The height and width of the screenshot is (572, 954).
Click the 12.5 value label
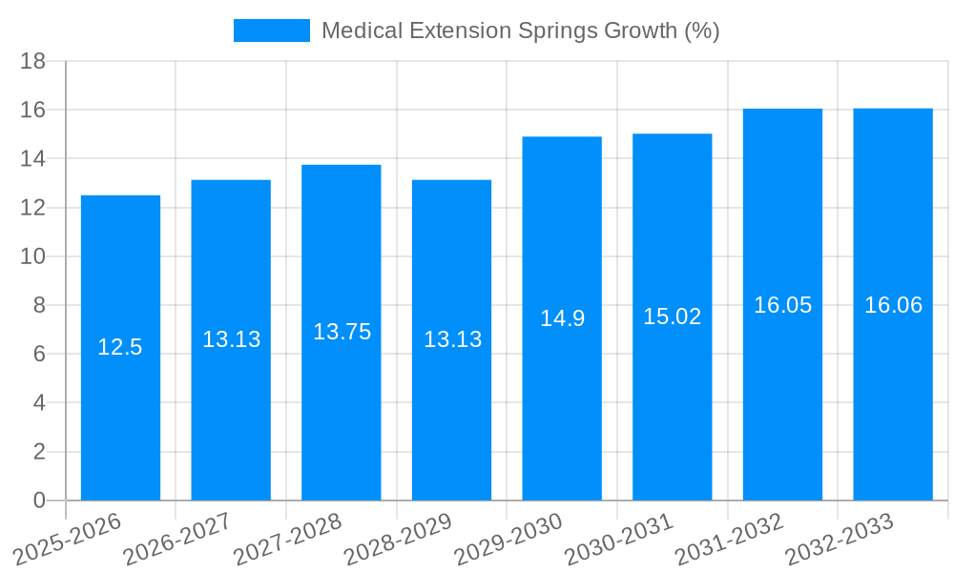[120, 347]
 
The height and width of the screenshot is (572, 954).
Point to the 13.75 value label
[342, 332]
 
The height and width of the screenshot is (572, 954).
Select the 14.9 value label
[562, 318]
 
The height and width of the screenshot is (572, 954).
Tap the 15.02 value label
[672, 317]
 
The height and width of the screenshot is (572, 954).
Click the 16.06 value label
[893, 305]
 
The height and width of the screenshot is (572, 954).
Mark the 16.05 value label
[782, 305]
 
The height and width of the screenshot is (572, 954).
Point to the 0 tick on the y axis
[39, 500]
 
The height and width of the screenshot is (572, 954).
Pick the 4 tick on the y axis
[39, 403]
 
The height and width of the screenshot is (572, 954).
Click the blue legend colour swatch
[272, 31]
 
